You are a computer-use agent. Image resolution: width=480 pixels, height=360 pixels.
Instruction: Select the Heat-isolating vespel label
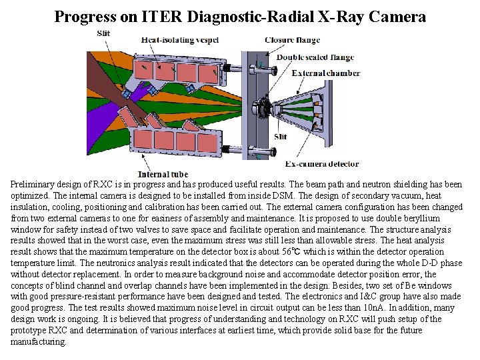click(180, 40)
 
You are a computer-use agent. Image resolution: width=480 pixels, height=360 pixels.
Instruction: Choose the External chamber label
click(327, 73)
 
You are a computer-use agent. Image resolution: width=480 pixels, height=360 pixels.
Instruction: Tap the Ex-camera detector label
click(321, 164)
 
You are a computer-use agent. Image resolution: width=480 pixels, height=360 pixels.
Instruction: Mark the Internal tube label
click(163, 175)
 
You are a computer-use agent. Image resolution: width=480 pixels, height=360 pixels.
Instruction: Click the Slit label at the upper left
click(103, 33)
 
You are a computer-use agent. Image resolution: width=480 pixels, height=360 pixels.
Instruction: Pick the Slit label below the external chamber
click(281, 137)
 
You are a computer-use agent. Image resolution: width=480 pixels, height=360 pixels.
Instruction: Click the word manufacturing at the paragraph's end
click(38, 342)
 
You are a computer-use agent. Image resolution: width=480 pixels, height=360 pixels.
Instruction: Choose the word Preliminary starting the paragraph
click(32, 185)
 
